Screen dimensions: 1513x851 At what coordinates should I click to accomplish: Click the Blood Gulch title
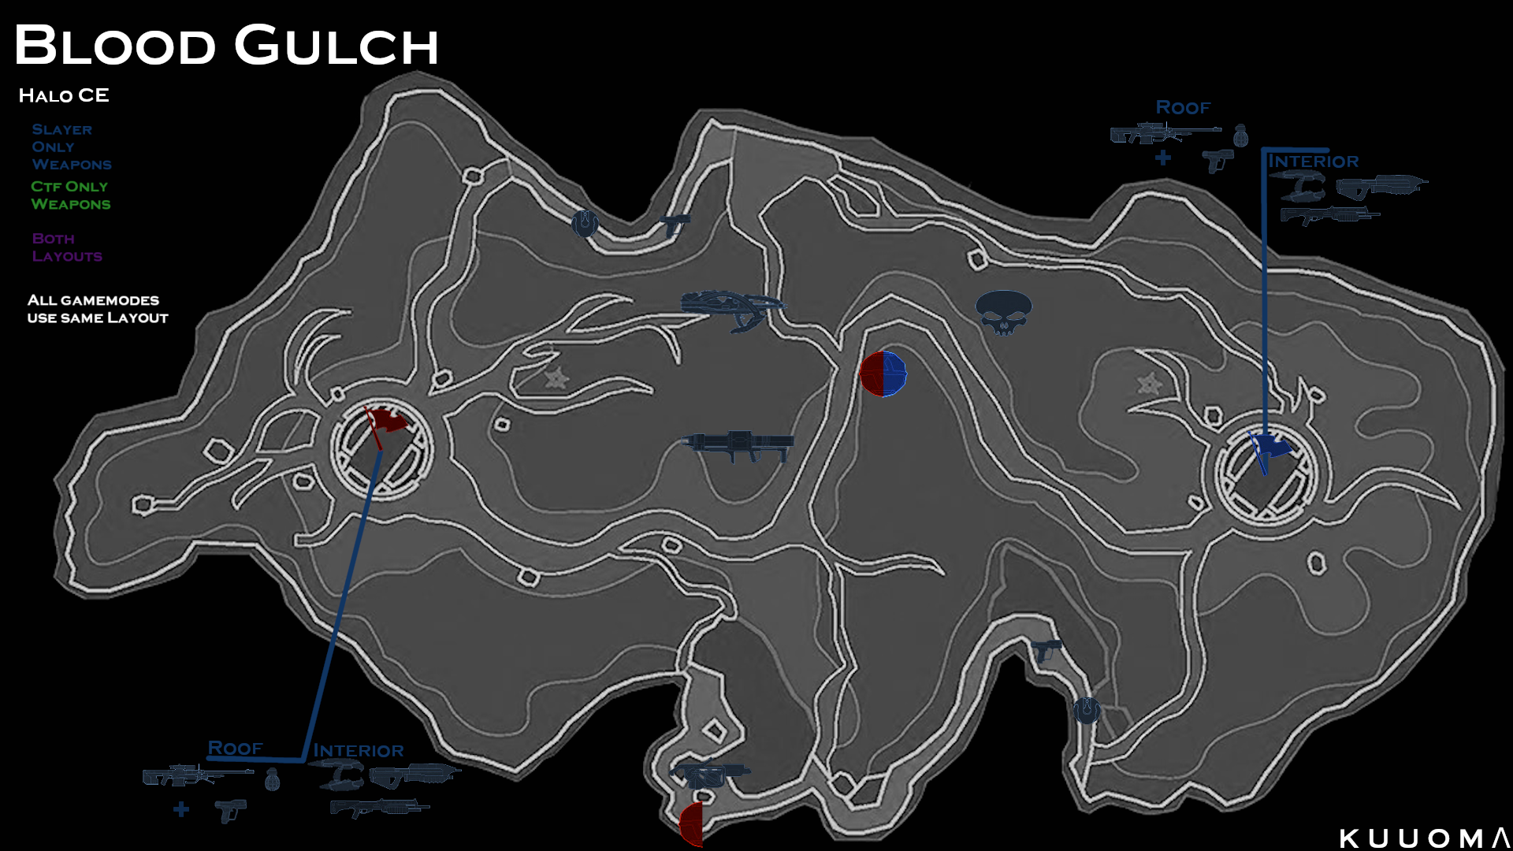[x=226, y=45]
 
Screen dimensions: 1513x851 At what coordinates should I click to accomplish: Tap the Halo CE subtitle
[x=64, y=95]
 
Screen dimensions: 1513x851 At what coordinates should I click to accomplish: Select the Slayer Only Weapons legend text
[x=72, y=147]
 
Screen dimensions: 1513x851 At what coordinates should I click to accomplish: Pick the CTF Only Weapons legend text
[x=71, y=195]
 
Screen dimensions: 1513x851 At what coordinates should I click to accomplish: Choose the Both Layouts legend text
[x=67, y=247]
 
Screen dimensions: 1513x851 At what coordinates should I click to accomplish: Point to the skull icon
[x=1003, y=312]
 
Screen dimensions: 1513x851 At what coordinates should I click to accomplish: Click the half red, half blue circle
[x=883, y=373]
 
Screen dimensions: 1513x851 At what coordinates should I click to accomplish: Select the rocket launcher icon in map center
[x=738, y=446]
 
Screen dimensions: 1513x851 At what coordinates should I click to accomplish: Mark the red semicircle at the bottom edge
[x=691, y=824]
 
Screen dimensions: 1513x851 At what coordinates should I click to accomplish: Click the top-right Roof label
[x=1183, y=107]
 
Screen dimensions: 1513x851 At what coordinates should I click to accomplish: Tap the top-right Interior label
[x=1313, y=161]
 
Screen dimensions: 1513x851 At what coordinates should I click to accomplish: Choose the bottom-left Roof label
[x=235, y=748]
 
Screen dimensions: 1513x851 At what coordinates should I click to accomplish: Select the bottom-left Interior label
[x=359, y=750]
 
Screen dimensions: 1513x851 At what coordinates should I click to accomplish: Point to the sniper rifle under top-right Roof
[x=1165, y=133]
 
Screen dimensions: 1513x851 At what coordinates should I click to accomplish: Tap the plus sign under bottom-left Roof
[x=181, y=809]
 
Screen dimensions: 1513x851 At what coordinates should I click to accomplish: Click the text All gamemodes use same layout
[x=98, y=309]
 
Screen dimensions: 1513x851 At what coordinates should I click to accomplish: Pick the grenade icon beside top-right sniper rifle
[x=1240, y=135]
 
